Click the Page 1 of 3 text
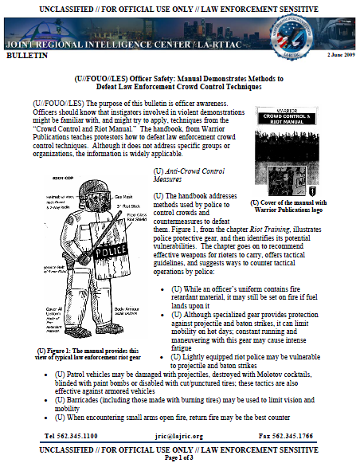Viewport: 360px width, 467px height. coord(180,458)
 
